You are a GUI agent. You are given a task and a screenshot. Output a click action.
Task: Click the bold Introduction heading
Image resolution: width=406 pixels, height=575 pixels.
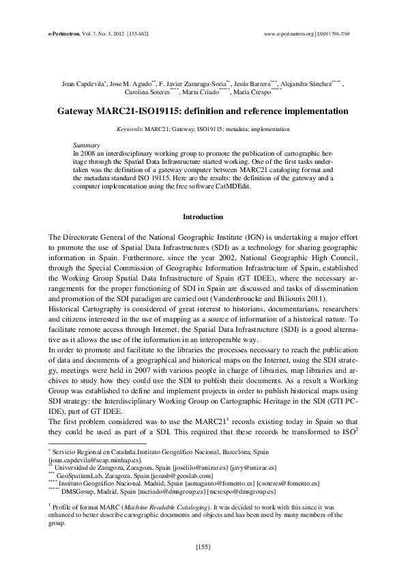point(203,217)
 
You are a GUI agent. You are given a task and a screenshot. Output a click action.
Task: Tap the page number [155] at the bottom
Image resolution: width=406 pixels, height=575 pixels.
point(203,546)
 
